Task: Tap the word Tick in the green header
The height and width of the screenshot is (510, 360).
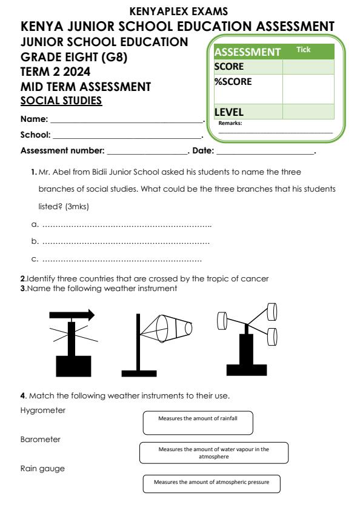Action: pyautogui.click(x=302, y=50)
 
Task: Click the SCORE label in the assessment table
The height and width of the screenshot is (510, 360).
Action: pyautogui.click(x=228, y=66)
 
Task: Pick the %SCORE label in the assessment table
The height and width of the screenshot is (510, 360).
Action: pyautogui.click(x=233, y=81)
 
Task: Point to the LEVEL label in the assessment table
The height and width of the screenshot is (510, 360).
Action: pyautogui.click(x=228, y=112)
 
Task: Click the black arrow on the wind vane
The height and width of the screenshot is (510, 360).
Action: pyautogui.click(x=72, y=314)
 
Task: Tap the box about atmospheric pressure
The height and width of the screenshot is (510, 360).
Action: pyautogui.click(x=212, y=483)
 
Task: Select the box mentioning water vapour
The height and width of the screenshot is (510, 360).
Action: pyautogui.click(x=213, y=452)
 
